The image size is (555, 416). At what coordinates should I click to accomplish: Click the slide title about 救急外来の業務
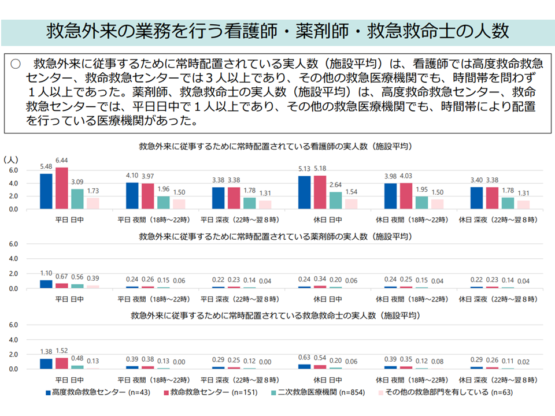click(277, 31)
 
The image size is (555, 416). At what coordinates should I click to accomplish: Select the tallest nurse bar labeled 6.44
click(61, 188)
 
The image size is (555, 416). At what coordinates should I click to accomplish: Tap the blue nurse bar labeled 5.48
click(46, 191)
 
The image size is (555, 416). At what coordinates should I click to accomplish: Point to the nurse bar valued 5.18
click(319, 192)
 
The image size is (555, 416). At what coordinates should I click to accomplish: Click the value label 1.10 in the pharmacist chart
click(46, 273)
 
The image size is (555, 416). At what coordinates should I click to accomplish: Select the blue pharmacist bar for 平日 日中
click(46, 284)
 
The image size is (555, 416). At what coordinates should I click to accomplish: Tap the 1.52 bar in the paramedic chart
click(61, 363)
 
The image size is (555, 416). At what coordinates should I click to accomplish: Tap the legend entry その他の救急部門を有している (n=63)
click(439, 392)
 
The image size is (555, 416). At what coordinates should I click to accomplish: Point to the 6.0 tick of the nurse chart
click(14, 170)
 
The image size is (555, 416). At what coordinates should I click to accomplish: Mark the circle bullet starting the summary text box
click(16, 62)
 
